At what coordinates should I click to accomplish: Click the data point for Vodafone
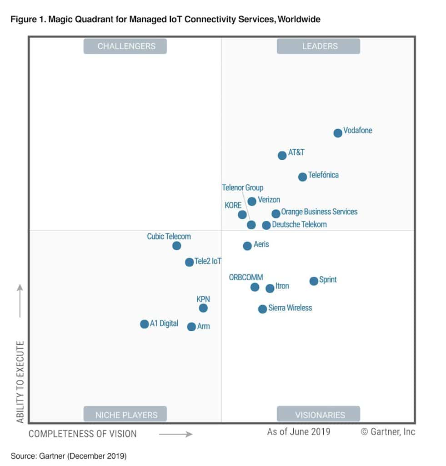[x=337, y=133]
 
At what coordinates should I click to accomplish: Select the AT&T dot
[x=282, y=155]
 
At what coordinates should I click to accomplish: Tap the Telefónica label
[x=323, y=175]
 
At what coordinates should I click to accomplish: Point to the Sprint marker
[x=314, y=281]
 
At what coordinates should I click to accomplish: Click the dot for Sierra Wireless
[x=262, y=309]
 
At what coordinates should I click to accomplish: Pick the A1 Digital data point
[x=144, y=324]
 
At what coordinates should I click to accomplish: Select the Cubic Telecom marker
[x=177, y=246]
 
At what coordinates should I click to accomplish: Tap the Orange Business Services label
[x=319, y=212]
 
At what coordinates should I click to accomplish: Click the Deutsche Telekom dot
[x=266, y=225]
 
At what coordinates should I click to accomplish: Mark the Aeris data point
[x=247, y=246]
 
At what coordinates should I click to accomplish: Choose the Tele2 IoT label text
[x=208, y=261]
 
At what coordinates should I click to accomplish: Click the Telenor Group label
[x=242, y=187]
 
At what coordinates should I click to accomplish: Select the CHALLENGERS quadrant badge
[x=125, y=46]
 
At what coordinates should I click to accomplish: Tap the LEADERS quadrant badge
[x=318, y=46]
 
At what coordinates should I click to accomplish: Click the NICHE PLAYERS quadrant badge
[x=125, y=414]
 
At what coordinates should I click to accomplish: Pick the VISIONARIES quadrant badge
[x=318, y=414]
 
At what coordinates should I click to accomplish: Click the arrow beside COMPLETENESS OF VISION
[x=176, y=434]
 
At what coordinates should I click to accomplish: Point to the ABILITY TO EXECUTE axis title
[x=20, y=382]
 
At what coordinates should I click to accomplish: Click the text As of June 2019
[x=298, y=431]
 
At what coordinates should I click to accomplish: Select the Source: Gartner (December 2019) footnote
[x=68, y=455]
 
